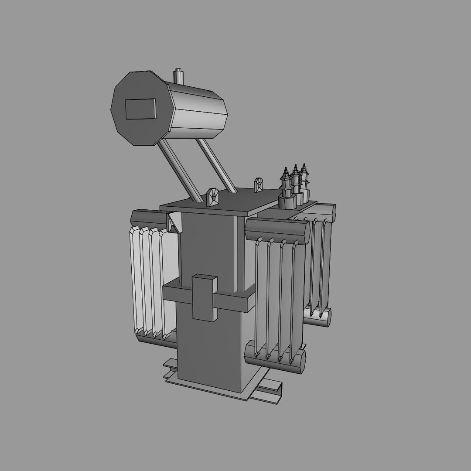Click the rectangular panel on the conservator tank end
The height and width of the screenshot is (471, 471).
coord(140,109)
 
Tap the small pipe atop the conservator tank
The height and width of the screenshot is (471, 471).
coord(178,76)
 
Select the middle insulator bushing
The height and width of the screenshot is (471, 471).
coord(296,181)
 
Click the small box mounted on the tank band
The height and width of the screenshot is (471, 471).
coord(205,297)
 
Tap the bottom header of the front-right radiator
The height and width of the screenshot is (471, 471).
coord(275,358)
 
